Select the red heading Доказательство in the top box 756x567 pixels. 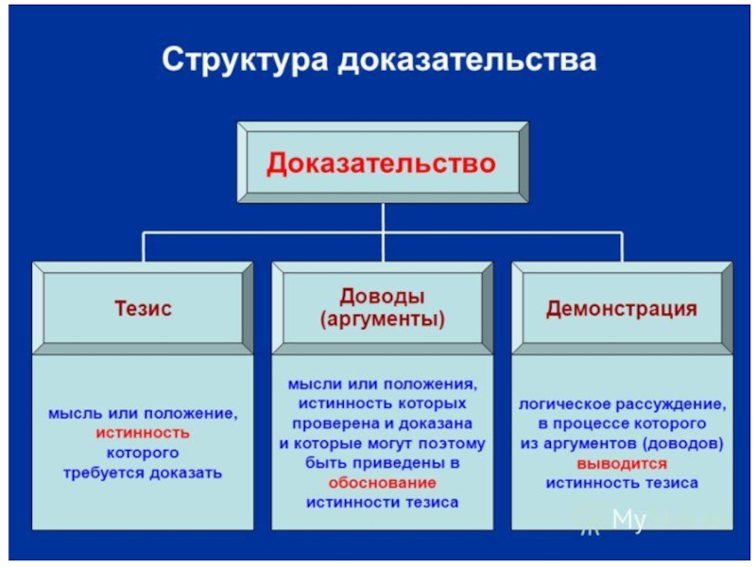click(381, 163)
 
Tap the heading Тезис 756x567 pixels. click(143, 308)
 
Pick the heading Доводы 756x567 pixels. click(382, 296)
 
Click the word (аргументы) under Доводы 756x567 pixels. click(382, 318)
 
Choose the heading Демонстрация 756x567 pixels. click(622, 308)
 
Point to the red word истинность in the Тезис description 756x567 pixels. click(143, 433)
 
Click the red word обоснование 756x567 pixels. click(382, 482)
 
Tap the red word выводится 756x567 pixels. click(622, 464)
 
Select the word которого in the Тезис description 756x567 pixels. click(143, 453)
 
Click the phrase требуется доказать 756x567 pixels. click(143, 472)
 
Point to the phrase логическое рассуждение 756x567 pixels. click(622, 404)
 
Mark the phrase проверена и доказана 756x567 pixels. click(382, 423)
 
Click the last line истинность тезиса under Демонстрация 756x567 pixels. click(622, 483)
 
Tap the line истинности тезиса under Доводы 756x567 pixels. click(382, 502)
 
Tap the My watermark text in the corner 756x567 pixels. click(628, 520)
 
